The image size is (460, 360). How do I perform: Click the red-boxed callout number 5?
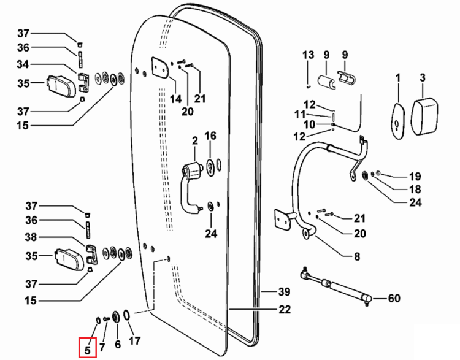[x=88, y=350]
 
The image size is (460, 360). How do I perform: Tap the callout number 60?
[x=394, y=298]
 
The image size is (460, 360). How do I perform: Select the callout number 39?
[x=284, y=292]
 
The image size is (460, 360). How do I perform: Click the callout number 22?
[x=284, y=309]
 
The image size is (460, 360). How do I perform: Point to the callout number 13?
[x=309, y=55]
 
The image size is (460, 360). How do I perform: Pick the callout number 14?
[x=176, y=99]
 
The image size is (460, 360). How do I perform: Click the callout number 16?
[x=210, y=136]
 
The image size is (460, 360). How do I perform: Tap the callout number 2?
[x=195, y=140]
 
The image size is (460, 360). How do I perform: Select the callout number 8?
[x=357, y=256]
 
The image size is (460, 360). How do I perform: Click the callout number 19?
[x=415, y=177]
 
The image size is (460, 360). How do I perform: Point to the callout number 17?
[x=135, y=340]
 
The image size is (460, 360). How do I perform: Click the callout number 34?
[x=23, y=64]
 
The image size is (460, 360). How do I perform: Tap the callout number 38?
[x=31, y=237]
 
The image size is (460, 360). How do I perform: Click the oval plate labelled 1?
[x=398, y=120]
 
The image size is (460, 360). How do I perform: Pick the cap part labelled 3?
[x=424, y=116]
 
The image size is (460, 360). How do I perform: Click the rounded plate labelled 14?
[x=160, y=67]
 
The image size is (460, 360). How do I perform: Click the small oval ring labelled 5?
[x=98, y=320]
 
